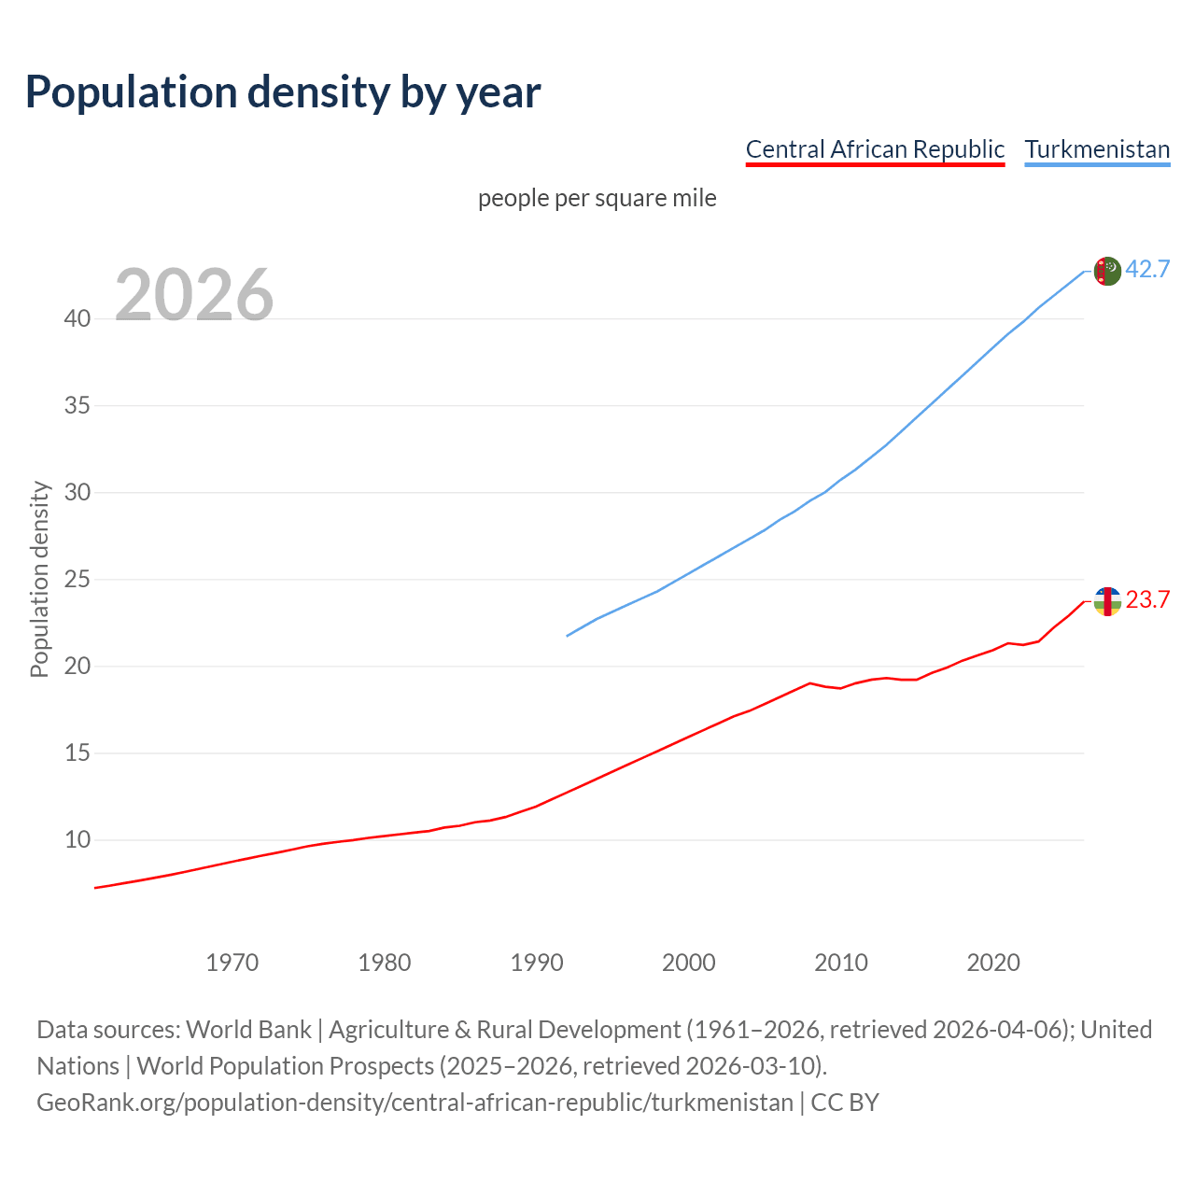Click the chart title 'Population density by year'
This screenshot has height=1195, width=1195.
pos(283,91)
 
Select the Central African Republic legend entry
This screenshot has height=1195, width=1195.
pos(875,149)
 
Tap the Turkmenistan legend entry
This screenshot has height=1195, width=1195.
pos(1097,149)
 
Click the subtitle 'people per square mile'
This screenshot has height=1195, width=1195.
pos(597,198)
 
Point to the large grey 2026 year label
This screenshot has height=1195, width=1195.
pos(194,295)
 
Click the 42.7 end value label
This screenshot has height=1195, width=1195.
pos(1147,269)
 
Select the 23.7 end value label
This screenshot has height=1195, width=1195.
pos(1147,599)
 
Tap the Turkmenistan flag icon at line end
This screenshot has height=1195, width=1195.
pos(1107,271)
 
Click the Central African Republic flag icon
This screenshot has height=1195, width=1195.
pos(1107,601)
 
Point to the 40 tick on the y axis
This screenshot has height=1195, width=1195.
pos(77,318)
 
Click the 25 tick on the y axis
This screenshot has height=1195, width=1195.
pos(77,579)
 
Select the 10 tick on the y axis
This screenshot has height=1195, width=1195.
pos(77,839)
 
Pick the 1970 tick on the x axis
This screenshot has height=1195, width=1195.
pos(232,962)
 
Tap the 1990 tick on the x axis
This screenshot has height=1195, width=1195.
pos(537,962)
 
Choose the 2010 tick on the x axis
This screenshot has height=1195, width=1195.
pos(841,962)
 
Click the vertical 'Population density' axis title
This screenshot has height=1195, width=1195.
pos(39,579)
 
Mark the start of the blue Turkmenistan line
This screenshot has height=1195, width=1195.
pos(568,636)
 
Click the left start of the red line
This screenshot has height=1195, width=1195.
pos(96,887)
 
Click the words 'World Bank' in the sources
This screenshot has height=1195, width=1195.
pos(248,1029)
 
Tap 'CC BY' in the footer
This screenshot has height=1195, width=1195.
pos(845,1102)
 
